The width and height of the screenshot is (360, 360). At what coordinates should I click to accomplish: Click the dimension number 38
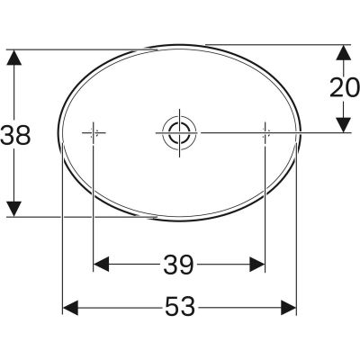pyautogui.click(x=17, y=135)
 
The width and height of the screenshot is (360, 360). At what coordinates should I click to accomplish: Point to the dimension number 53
pyautogui.click(x=180, y=309)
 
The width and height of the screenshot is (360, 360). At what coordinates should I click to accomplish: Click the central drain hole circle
pyautogui.click(x=177, y=133)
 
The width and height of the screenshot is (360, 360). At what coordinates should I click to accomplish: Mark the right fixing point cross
pyautogui.click(x=265, y=133)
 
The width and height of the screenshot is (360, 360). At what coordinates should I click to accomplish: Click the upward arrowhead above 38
pyautogui.click(x=13, y=57)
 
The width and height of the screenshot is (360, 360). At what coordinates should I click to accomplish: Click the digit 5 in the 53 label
pyautogui.click(x=170, y=309)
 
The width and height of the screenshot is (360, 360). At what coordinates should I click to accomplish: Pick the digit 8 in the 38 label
pyautogui.click(x=25, y=135)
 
